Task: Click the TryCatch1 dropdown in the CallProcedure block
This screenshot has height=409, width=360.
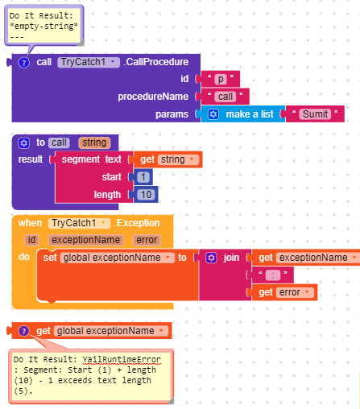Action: tap(89, 62)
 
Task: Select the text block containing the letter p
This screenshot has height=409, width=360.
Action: tap(220, 79)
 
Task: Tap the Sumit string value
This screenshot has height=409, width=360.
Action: tap(315, 114)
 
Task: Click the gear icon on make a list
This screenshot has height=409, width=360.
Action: tap(213, 114)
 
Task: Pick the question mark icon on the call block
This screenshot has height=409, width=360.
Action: tap(23, 63)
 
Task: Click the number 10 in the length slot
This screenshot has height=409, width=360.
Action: tap(146, 195)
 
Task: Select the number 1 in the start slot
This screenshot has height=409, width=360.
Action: tap(143, 177)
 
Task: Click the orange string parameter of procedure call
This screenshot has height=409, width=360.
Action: tap(94, 143)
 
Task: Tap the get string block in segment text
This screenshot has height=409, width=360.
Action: tap(168, 159)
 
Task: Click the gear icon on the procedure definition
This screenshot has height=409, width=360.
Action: tap(23, 143)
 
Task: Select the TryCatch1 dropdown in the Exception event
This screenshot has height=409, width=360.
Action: tap(79, 223)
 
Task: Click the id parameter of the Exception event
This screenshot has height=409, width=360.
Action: tap(31, 240)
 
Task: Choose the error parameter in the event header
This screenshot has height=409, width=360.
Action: tap(147, 240)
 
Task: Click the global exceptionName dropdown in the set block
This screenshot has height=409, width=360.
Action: tap(118, 258)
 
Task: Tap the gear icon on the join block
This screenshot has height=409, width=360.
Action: tap(211, 258)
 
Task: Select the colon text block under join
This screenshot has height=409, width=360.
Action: tap(273, 275)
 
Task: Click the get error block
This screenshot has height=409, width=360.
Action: tap(284, 292)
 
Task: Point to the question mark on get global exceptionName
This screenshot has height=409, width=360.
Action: tap(23, 331)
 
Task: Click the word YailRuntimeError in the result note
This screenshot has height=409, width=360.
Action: tap(122, 359)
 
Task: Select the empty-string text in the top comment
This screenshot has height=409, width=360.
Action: tap(43, 26)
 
